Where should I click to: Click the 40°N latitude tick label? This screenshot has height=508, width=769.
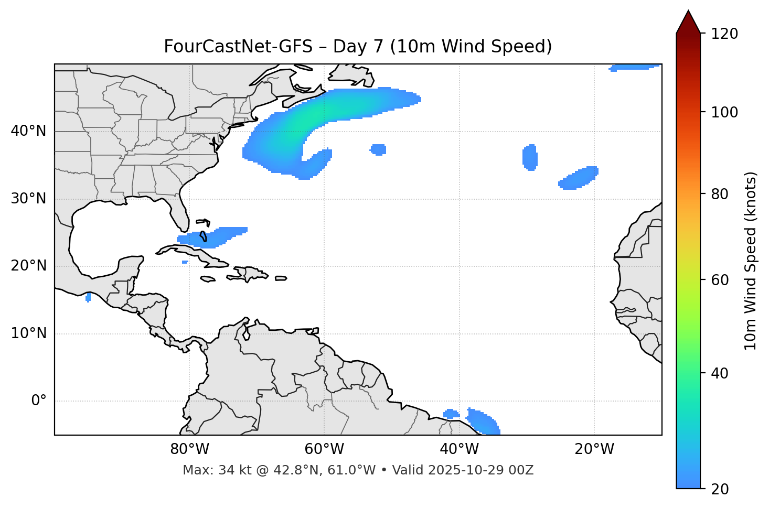pyautogui.click(x=28, y=131)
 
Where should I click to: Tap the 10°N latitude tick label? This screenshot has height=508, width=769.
pyautogui.click(x=28, y=333)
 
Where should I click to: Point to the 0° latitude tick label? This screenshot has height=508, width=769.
pyautogui.click(x=38, y=401)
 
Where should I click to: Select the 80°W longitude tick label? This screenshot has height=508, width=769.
pyautogui.click(x=189, y=449)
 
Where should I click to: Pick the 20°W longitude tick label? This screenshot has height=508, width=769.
pyautogui.click(x=594, y=449)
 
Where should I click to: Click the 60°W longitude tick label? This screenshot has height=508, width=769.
pyautogui.click(x=324, y=449)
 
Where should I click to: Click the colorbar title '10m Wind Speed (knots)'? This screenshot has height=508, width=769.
pyautogui.click(x=751, y=261)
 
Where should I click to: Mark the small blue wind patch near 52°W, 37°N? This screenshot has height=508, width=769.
pyautogui.click(x=378, y=149)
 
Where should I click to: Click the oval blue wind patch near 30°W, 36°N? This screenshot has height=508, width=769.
pyautogui.click(x=530, y=157)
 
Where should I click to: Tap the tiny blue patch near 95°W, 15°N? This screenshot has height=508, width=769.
pyautogui.click(x=88, y=297)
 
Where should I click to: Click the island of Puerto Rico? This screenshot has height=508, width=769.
pyautogui.click(x=281, y=278)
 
